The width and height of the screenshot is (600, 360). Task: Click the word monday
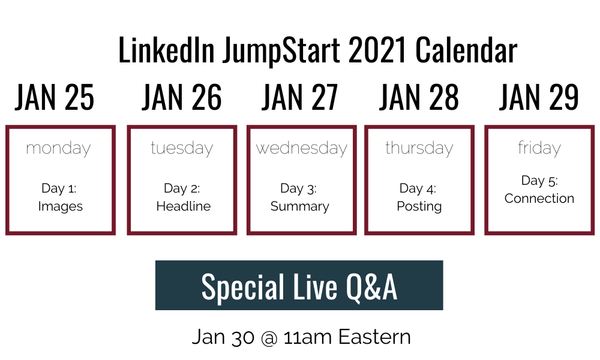point(59,148)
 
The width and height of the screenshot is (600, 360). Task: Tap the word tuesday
point(182,148)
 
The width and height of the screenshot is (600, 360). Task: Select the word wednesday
point(302,148)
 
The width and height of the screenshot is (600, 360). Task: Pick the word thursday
point(419,148)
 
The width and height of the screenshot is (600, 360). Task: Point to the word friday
point(539,148)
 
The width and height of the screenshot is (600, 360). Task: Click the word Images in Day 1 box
point(61,206)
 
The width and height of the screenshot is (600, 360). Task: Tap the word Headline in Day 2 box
point(183,206)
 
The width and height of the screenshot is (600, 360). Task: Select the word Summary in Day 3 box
point(299,206)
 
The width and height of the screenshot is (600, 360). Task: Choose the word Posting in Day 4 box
point(419,206)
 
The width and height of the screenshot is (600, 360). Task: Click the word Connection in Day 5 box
point(539,199)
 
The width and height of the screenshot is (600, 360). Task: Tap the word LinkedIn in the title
point(166,50)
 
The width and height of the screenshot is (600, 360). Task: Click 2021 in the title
point(377,50)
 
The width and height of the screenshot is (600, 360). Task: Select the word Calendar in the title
point(466,50)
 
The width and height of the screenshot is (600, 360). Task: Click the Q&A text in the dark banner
point(371,287)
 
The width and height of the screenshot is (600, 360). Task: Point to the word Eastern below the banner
point(374,337)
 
